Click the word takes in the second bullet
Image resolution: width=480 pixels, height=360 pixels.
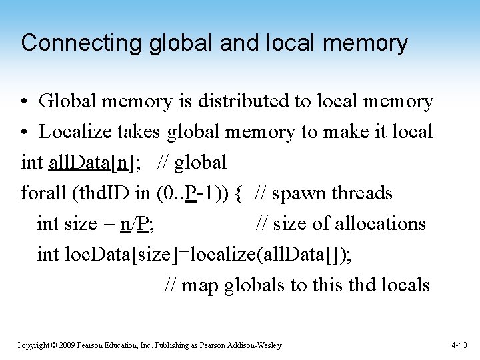point(140,132)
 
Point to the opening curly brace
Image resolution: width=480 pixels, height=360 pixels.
point(239,193)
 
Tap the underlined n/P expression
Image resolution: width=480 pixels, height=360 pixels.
point(136,223)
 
